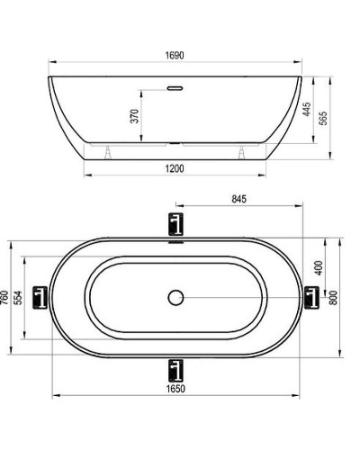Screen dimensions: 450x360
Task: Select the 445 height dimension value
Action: coord(306,110)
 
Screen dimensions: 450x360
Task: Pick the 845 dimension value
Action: coord(238,199)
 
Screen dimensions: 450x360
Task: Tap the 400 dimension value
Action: coord(319,267)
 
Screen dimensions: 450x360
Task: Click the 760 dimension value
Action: coord(5,297)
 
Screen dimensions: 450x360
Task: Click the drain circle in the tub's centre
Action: coord(175,297)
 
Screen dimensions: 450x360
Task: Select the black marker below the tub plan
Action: coord(175,368)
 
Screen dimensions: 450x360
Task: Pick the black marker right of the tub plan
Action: coord(312,296)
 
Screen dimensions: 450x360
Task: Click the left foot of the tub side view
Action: coord(109,150)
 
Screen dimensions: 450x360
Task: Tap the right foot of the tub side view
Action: coord(243,150)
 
